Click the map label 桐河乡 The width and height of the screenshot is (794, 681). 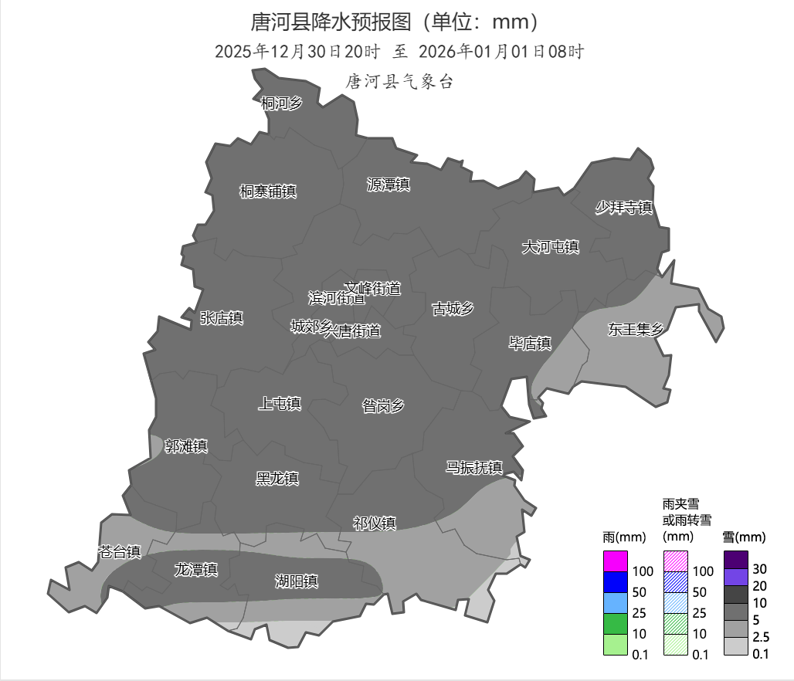coord(281,103)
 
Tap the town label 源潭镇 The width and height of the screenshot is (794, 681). coord(388,185)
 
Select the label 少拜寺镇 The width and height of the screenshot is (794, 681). coord(624,208)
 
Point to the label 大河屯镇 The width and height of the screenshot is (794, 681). coord(551,247)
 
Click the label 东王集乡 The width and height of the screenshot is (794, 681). coord(636,330)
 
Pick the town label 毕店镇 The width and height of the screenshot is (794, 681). coord(530,344)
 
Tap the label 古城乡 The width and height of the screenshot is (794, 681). coord(453,309)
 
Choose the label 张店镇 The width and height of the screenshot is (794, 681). coord(222,318)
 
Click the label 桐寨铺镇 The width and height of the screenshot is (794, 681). coord(268,191)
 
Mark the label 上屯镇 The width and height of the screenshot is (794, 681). coord(279,403)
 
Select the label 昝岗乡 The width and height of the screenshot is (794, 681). coord(383,405)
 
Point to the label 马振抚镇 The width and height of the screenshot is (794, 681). coord(474,467)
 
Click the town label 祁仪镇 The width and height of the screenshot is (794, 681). coord(375,523)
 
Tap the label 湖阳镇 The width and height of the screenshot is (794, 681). coord(297,581)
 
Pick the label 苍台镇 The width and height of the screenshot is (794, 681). coord(120,551)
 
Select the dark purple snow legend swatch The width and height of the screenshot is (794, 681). coord(735,559)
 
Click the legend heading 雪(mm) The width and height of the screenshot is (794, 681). coord(744,537)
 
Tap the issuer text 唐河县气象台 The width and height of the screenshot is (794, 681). coord(399,82)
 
